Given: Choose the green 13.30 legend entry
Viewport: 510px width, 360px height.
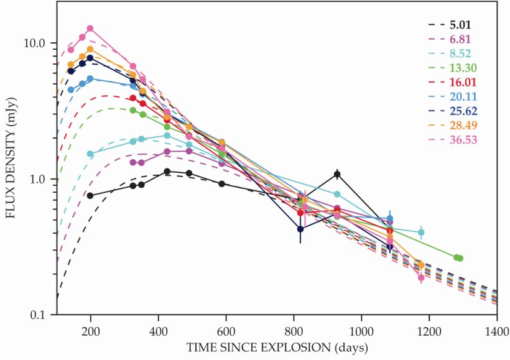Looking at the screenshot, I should click(x=461, y=68).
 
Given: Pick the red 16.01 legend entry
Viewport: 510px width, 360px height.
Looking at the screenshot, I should click(x=461, y=82).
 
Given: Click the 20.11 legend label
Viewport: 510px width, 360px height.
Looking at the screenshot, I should click(x=461, y=96).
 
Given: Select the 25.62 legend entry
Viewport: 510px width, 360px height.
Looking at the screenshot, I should click(x=461, y=111).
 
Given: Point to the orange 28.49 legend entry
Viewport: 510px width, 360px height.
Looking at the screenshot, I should click(x=461, y=125).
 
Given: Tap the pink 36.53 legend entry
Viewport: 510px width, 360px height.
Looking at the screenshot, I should click(x=461, y=139).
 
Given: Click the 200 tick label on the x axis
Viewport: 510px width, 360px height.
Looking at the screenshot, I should click(x=91, y=330).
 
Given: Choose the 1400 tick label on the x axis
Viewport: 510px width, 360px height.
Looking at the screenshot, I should click(x=496, y=330).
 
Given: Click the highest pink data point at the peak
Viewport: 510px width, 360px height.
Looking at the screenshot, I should click(x=90, y=29).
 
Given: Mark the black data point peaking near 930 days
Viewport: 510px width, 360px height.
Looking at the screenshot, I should click(x=337, y=174).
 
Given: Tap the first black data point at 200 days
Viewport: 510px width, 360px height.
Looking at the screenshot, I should click(x=90, y=196).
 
